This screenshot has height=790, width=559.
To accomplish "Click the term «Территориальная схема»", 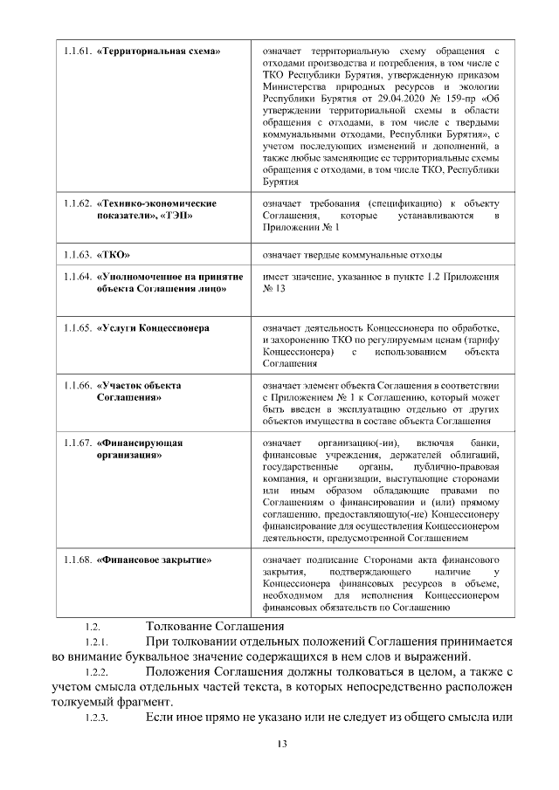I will click(158, 52).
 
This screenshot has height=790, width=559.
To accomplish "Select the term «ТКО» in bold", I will click(114, 255).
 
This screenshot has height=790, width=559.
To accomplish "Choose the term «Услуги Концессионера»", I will click(153, 328).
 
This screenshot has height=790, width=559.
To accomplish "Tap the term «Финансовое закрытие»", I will click(155, 559).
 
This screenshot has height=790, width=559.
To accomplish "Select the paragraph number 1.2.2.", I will click(95, 672).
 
